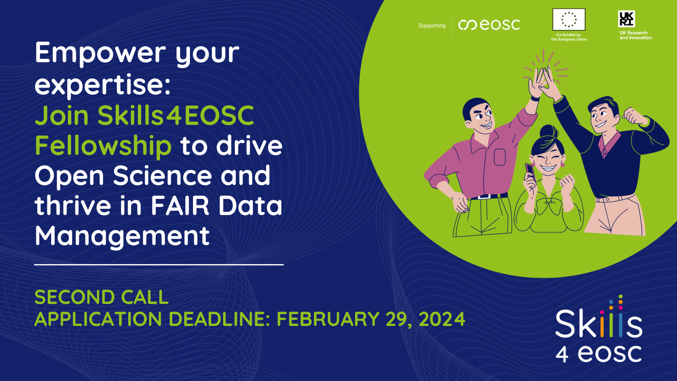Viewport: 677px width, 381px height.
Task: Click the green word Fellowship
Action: tap(103, 146)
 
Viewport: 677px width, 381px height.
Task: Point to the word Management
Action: tap(122, 236)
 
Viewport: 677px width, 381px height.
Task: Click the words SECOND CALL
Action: tap(102, 297)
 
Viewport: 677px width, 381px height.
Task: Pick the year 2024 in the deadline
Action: tap(442, 319)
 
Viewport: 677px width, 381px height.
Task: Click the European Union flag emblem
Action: tap(569, 19)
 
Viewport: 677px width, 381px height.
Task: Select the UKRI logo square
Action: tap(626, 19)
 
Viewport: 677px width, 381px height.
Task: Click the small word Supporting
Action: tap(432, 25)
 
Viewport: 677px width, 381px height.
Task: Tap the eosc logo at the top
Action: tap(490, 25)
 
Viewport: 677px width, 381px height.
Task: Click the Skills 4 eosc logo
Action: tap(598, 332)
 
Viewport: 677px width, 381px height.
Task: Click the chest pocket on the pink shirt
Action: tap(500, 157)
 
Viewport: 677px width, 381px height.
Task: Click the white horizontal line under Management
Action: tap(159, 265)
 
